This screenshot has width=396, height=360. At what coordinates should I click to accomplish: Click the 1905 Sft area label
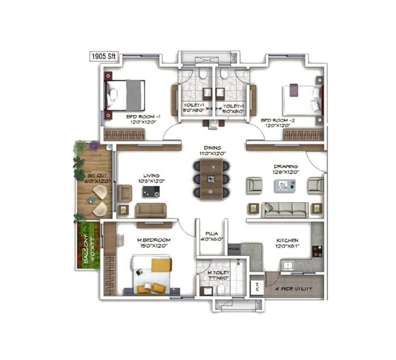[x=103, y=56]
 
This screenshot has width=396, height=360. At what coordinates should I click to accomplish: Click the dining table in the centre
[x=211, y=179]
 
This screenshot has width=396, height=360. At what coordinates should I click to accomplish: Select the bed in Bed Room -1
[x=125, y=95]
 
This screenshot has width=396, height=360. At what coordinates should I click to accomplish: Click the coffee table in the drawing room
[x=284, y=186]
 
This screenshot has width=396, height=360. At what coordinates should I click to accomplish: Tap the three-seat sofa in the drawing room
[x=285, y=209]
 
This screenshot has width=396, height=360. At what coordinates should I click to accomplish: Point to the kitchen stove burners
[x=317, y=251]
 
